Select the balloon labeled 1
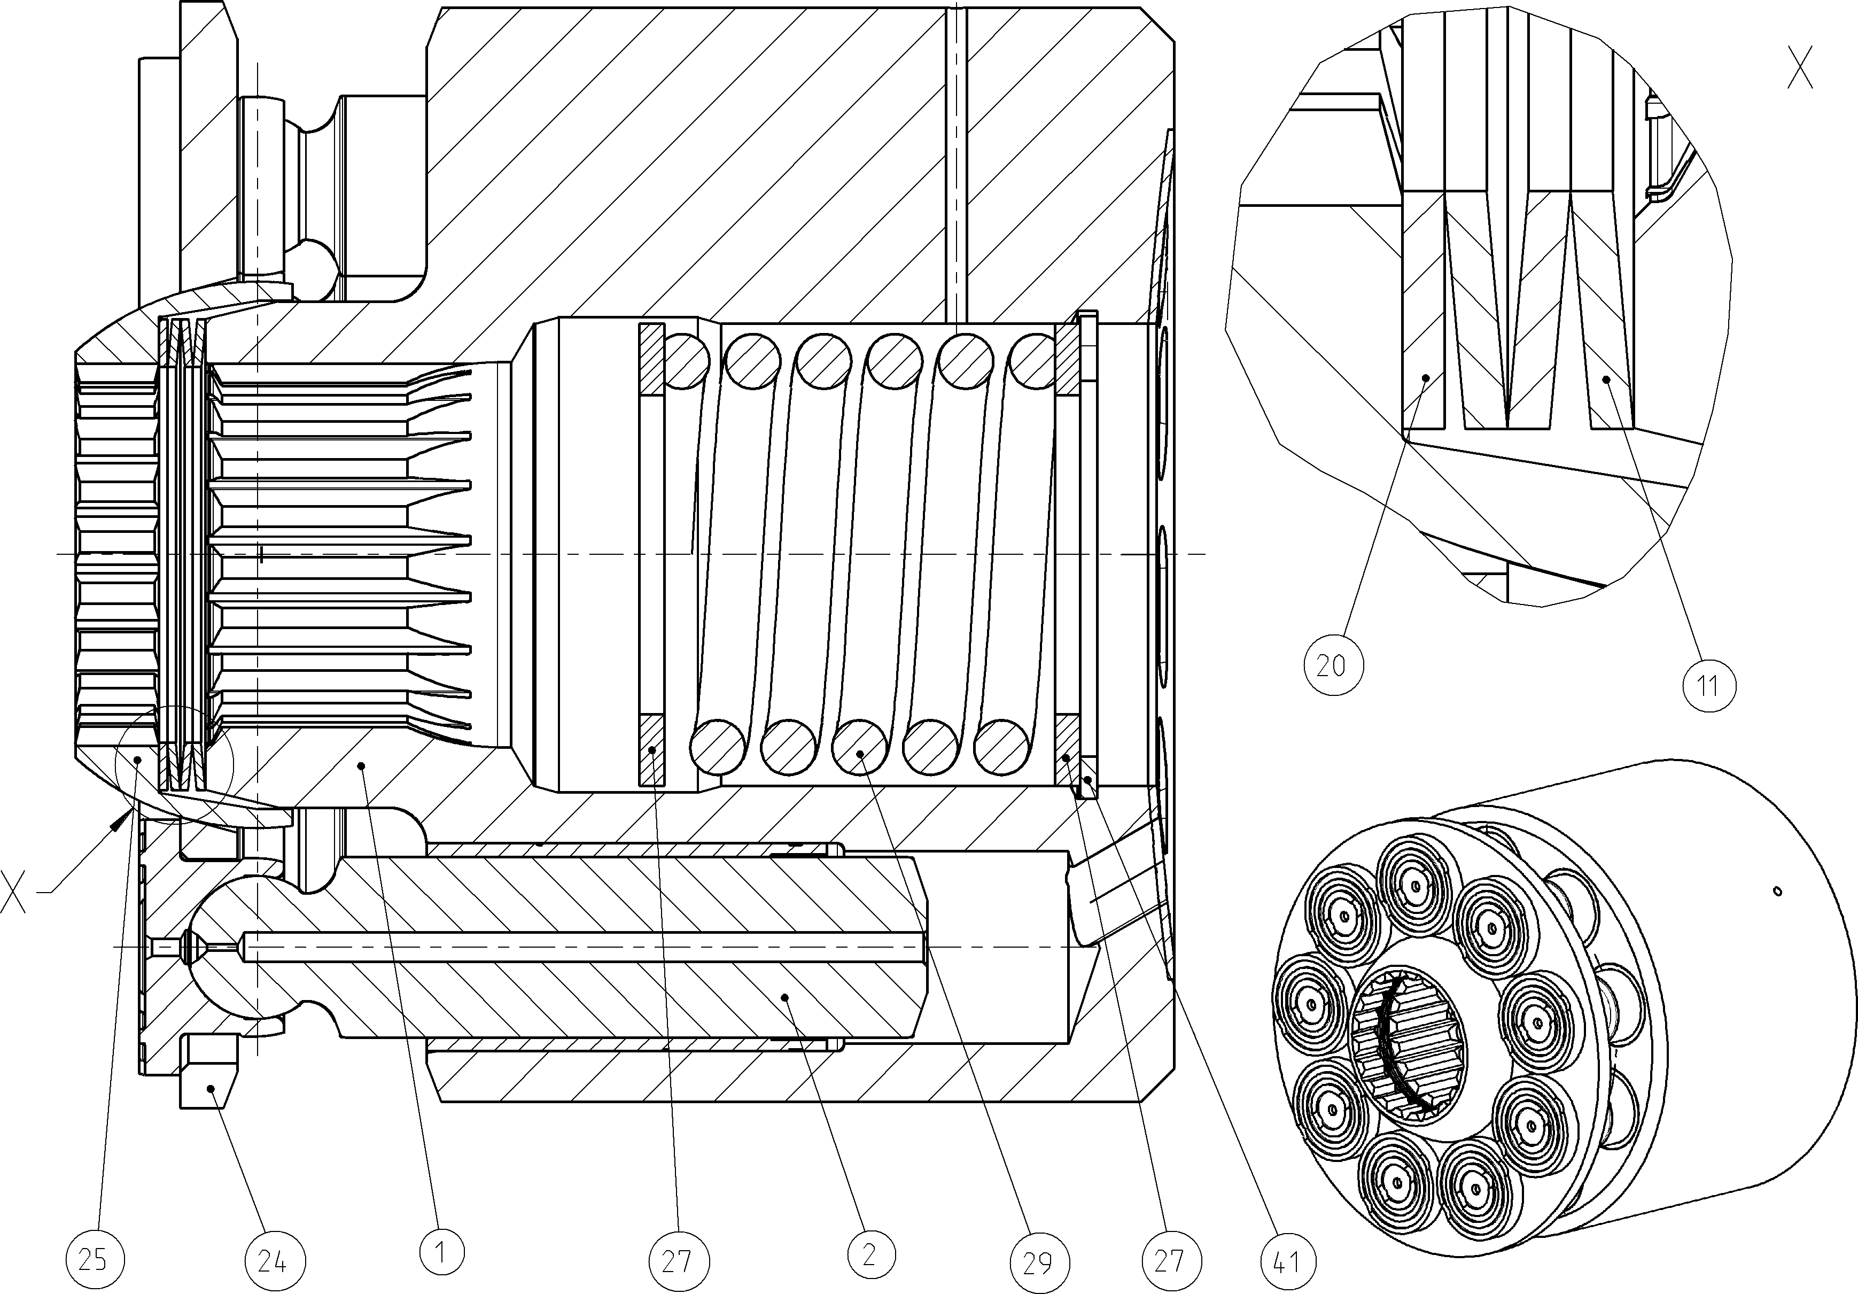(x=441, y=1252)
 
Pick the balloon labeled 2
(x=870, y=1253)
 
